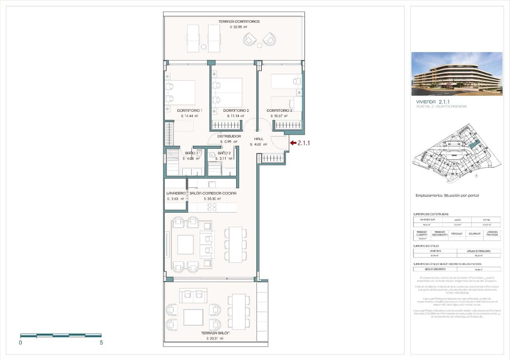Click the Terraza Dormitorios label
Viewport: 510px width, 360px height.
[x=239, y=22]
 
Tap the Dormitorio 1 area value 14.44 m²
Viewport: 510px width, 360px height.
[x=189, y=116]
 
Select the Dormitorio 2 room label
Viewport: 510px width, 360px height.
[x=236, y=111]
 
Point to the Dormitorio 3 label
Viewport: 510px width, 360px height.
[x=279, y=111]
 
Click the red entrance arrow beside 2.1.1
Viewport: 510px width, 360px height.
[x=293, y=143]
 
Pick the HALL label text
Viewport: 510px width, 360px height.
[x=259, y=139]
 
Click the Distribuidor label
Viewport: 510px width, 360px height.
[x=229, y=136]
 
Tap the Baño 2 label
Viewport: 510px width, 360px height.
[x=224, y=153]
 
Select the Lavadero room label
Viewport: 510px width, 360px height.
[x=176, y=193]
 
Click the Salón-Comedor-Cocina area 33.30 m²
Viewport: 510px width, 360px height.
[x=212, y=199]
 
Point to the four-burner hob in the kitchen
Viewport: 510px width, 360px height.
[x=212, y=207]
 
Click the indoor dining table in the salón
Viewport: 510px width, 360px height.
[x=236, y=244]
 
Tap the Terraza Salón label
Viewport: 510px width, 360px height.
[x=215, y=333]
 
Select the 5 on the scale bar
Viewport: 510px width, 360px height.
[x=101, y=343]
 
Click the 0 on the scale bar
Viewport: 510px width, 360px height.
[x=21, y=343]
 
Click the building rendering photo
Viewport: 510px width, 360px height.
[x=457, y=74]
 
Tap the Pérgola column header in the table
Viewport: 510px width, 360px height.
[x=456, y=234]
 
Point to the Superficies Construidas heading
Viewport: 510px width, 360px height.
[x=431, y=214]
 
